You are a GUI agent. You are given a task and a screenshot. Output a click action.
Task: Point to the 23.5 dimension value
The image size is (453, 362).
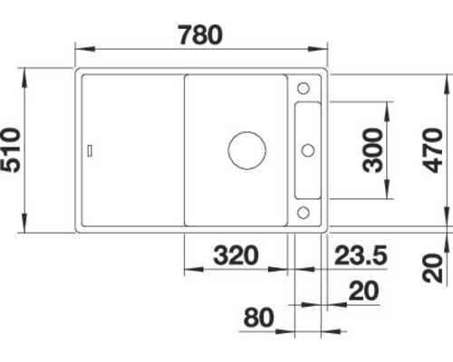pyautogui.click(x=360, y=254)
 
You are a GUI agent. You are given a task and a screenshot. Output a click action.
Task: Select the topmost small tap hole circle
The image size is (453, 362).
pyautogui.click(x=304, y=89)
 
